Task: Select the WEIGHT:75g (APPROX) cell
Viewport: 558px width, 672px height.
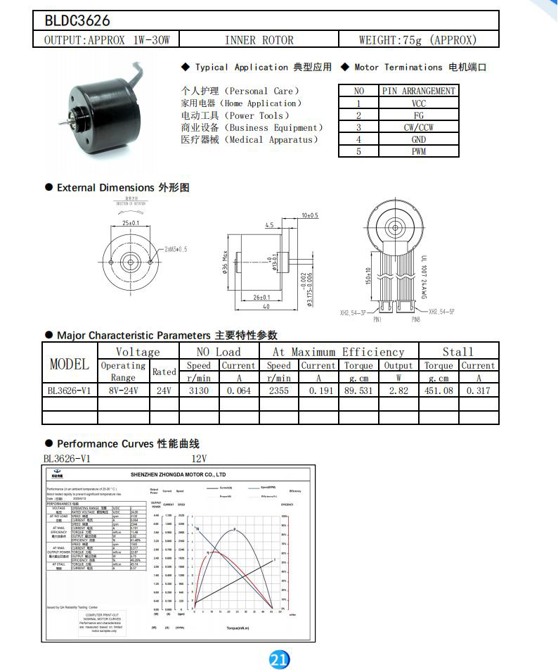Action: pyautogui.click(x=417, y=40)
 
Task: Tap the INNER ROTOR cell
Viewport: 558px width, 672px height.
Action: pyautogui.click(x=259, y=40)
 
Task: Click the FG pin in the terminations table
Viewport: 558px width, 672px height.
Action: pyautogui.click(x=419, y=115)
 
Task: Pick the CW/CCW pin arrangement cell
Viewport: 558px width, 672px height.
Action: pyautogui.click(x=419, y=127)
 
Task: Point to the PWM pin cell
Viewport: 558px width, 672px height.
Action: pyautogui.click(x=419, y=151)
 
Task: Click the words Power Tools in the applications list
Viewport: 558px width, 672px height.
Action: pyautogui.click(x=257, y=115)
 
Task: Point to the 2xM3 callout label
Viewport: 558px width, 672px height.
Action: pyautogui.click(x=175, y=250)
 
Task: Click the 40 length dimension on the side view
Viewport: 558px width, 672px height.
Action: pyautogui.click(x=267, y=307)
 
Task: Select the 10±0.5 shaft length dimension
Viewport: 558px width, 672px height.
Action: pyautogui.click(x=309, y=215)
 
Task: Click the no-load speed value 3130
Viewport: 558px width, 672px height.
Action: pyautogui.click(x=199, y=391)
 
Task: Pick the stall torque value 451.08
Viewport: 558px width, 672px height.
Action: pyautogui.click(x=439, y=391)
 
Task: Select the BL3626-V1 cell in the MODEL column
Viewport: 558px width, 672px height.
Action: pyautogui.click(x=69, y=391)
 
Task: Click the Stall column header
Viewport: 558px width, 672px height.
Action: pyautogui.click(x=458, y=352)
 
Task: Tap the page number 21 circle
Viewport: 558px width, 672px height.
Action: pyautogui.click(x=279, y=659)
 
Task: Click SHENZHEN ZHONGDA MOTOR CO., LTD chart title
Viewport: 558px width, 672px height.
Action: pyautogui.click(x=179, y=475)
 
